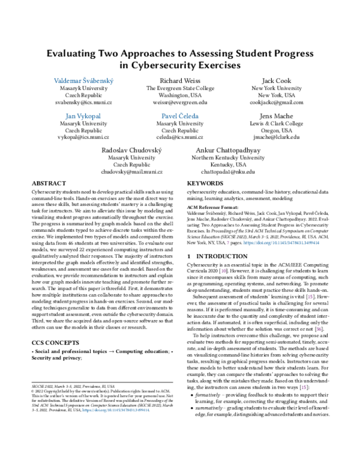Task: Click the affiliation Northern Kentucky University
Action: [x=227, y=157]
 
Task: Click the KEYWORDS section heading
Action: [x=206, y=183]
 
